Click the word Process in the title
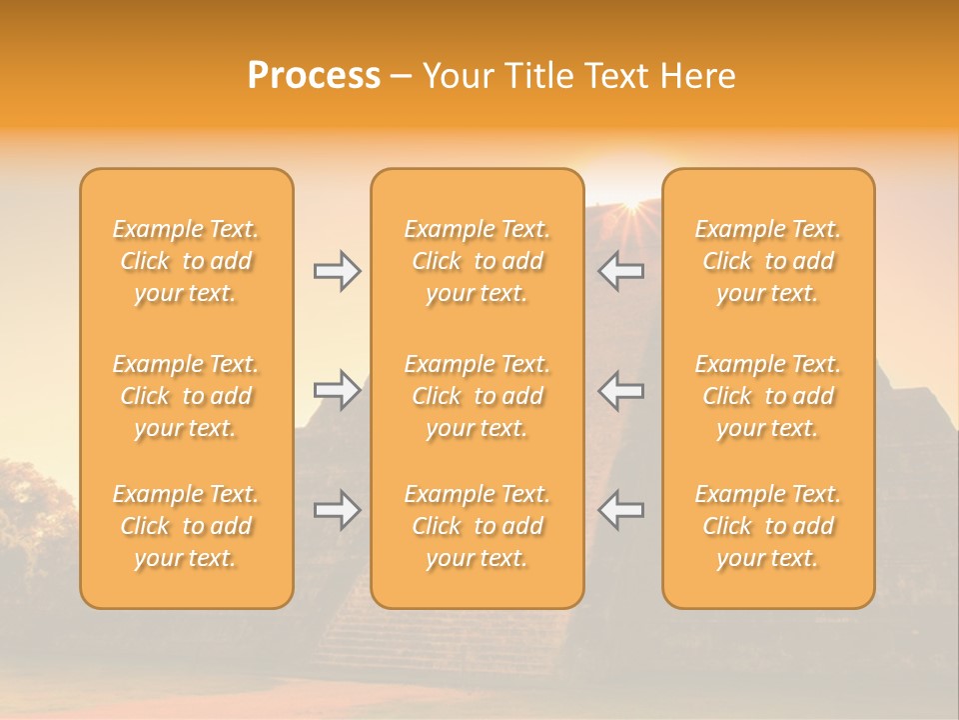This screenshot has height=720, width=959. (314, 76)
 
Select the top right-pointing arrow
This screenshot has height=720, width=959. (337, 271)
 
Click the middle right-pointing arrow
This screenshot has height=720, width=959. (337, 390)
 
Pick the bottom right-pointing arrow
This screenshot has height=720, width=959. (337, 510)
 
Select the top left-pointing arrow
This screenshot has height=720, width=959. (620, 271)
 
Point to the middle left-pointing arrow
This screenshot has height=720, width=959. (620, 390)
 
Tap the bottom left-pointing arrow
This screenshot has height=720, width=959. (620, 510)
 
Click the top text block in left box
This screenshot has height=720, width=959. (186, 261)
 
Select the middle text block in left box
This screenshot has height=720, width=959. (186, 396)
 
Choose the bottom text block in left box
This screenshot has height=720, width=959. (186, 526)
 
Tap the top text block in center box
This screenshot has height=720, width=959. (477, 261)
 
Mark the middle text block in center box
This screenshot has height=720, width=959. (477, 396)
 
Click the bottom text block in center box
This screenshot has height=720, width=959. (477, 526)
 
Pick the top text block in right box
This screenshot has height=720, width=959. (768, 261)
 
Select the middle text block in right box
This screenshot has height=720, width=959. (768, 396)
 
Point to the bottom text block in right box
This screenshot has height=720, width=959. (768, 526)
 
